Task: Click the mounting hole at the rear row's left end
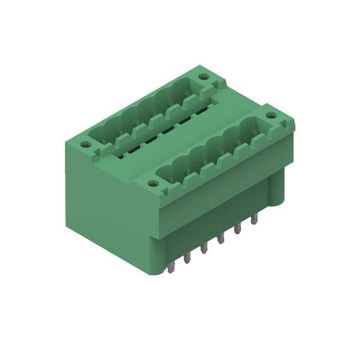coord(86,144)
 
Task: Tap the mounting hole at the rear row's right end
coord(204,77)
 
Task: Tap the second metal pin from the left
coord(187,257)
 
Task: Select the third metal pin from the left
coord(205,247)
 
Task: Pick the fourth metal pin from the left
coord(221,238)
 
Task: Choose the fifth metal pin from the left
coord(238,229)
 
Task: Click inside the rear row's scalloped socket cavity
coord(144,116)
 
